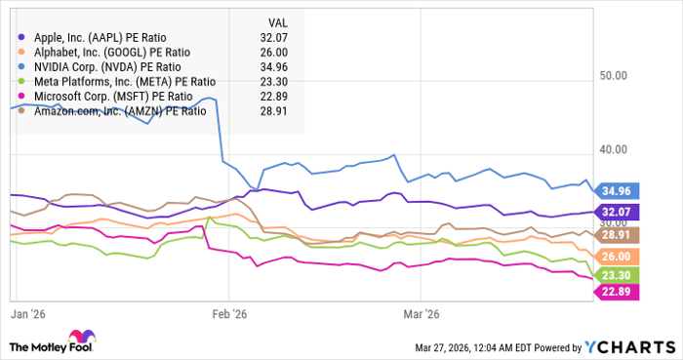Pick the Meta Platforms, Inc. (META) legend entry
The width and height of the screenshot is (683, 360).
[117, 82]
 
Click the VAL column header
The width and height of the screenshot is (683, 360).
[278, 20]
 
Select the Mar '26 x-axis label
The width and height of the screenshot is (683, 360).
[420, 315]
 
